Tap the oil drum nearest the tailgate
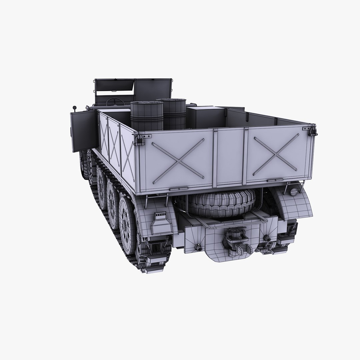(x=147, y=116)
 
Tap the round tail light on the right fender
(x=294, y=192)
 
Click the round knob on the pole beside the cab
(x=74, y=108)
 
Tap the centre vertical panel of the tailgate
(x=230, y=157)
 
